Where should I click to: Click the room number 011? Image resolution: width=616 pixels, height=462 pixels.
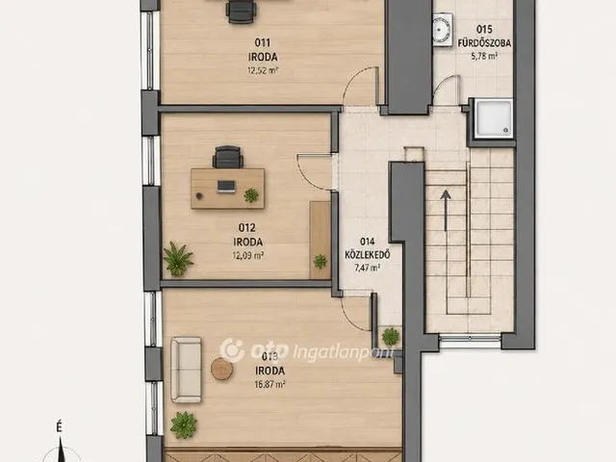tap(263, 42)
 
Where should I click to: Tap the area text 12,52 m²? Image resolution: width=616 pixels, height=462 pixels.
tap(263, 70)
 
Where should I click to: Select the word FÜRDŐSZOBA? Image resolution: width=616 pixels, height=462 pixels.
tap(484, 42)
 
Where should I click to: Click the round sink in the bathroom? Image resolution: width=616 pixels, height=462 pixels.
tap(443, 30)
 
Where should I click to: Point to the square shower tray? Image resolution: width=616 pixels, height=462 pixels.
tap(494, 118)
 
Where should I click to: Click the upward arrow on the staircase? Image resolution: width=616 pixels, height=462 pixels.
tap(445, 211)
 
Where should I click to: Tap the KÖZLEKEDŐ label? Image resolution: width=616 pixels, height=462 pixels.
tap(368, 255)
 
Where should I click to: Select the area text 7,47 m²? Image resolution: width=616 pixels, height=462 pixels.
tap(368, 269)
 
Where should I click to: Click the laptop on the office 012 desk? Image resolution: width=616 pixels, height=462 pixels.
tap(226, 187)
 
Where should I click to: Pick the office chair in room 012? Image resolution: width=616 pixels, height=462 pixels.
tap(227, 157)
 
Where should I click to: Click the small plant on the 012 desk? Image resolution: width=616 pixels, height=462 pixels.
tap(251, 194)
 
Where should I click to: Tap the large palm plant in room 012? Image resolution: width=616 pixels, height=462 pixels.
tap(178, 259)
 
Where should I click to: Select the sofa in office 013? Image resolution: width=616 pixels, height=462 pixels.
tap(186, 370)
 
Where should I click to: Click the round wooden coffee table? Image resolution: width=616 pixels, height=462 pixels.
tap(222, 369)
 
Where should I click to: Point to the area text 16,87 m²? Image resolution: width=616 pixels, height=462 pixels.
tap(269, 384)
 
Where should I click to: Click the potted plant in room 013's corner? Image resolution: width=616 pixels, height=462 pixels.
tap(184, 425)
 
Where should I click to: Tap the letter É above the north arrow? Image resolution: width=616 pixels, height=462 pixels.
tap(60, 426)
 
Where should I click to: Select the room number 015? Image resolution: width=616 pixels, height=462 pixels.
tap(484, 30)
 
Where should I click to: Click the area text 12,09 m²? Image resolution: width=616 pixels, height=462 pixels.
tap(248, 256)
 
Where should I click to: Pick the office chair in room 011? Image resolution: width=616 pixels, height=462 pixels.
tap(241, 12)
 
